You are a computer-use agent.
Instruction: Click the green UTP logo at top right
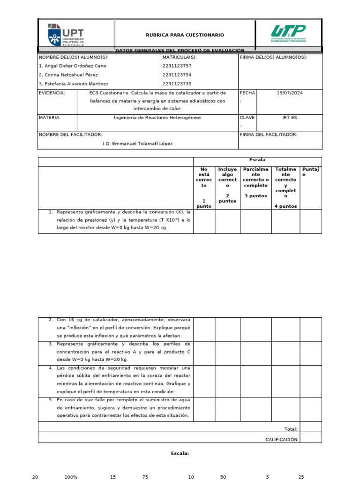pos(288,34)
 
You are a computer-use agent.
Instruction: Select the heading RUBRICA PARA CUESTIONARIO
pos(185,35)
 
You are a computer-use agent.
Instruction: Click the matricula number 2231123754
pos(177,75)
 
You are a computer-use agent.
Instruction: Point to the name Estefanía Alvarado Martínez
pos(74,84)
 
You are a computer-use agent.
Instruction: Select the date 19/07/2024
pos(290,93)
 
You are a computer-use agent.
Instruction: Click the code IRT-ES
pos(290,118)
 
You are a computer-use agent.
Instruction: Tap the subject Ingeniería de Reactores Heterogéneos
pos(157,118)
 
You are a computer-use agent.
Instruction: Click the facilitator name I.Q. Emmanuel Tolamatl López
pos(138,143)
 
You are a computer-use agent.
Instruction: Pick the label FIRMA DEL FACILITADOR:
pos(268,135)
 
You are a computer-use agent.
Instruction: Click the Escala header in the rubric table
pos(257,160)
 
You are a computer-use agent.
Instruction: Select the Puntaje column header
pos(310,172)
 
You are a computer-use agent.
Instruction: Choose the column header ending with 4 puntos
pos(285,187)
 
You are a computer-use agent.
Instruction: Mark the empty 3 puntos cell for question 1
pos(256,221)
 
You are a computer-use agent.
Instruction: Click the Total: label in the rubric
pos(291,429)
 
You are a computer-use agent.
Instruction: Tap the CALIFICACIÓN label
pos(281,440)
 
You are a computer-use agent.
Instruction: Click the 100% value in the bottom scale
pos(71,477)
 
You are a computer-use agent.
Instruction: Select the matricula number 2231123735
pos(177,84)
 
